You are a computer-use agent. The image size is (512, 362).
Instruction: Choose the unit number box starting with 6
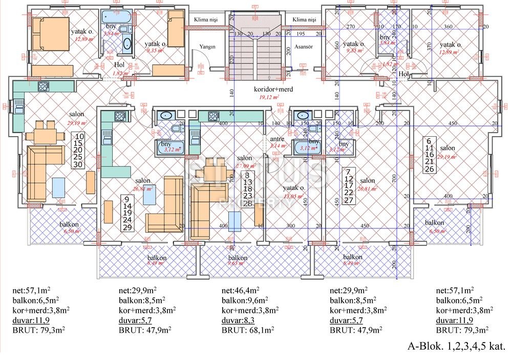(429, 155)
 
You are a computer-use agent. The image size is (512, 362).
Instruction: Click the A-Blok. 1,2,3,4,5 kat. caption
(456, 346)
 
